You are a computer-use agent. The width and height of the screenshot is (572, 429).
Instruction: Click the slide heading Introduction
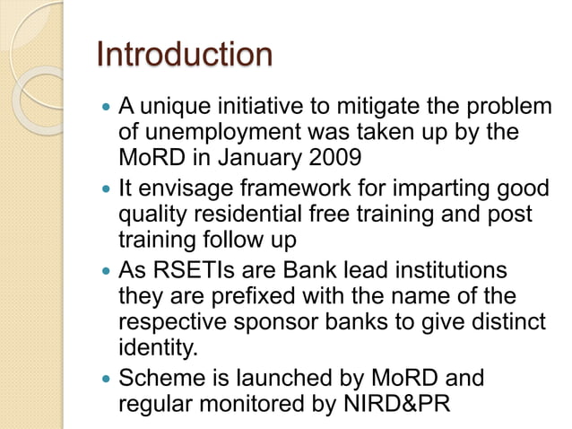point(184,55)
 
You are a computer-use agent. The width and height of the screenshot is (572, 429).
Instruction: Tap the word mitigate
point(355,109)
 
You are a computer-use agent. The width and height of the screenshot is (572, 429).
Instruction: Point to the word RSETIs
point(190,271)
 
